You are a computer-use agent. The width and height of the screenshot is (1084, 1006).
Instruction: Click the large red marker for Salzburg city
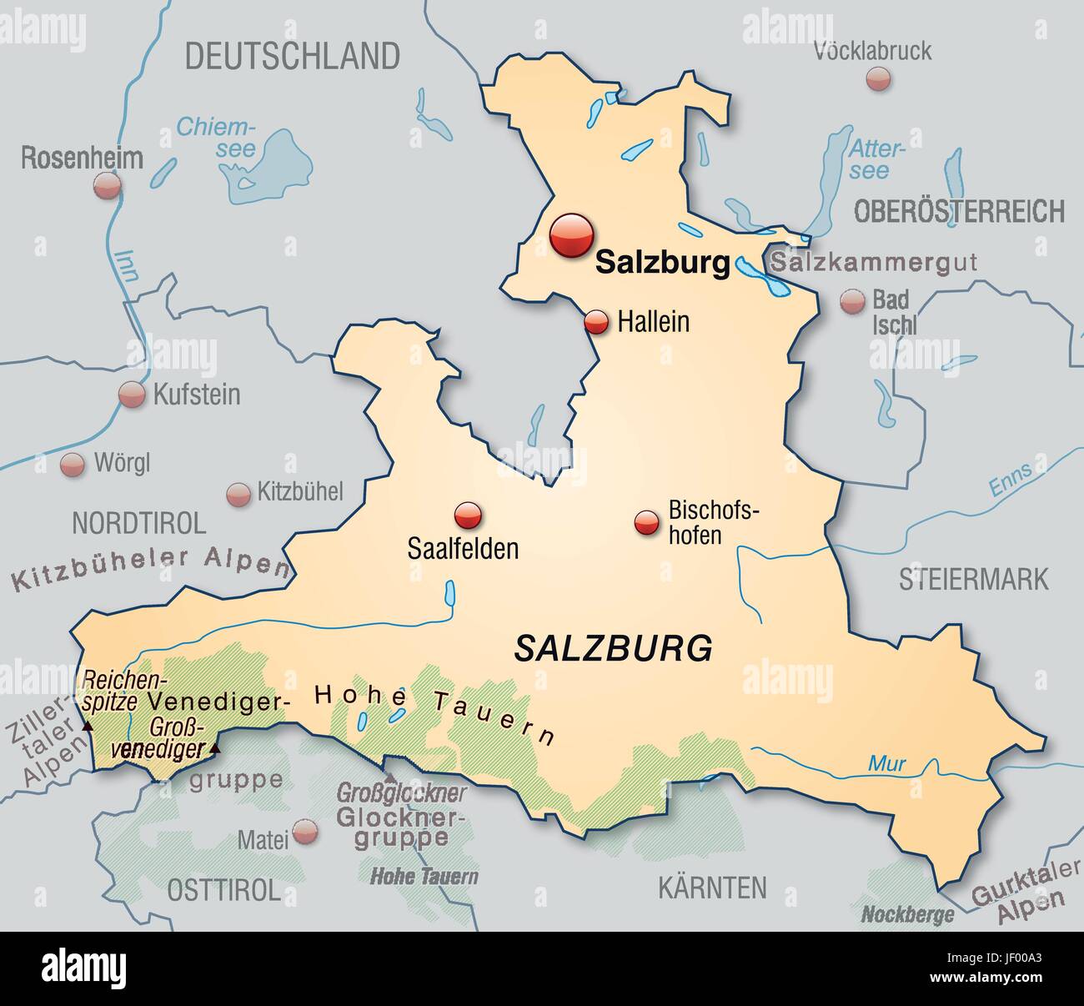pos(571,234)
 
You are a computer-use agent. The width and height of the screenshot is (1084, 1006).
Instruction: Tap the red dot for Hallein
pos(596,323)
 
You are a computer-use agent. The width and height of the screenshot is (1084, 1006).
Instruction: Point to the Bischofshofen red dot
pos(647,523)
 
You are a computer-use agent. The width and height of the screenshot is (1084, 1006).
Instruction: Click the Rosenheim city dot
pos(108,186)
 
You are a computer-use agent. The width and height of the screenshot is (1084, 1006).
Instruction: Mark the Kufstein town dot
pos(132,395)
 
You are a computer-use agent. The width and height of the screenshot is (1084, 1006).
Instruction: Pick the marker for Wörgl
pos(73,465)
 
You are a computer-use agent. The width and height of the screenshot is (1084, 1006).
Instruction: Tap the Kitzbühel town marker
pos(238,494)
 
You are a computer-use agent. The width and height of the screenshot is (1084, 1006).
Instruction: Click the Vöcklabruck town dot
pos(878,79)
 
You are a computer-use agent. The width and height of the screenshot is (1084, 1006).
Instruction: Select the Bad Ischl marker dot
pos(852,302)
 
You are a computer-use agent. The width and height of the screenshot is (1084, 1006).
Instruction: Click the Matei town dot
pos(306,830)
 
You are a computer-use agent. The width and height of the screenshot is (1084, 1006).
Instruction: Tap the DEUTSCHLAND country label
pos(292,57)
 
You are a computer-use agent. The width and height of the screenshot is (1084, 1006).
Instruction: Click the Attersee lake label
pos(876,159)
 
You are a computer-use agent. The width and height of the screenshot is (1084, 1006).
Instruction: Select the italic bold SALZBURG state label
pos(614,647)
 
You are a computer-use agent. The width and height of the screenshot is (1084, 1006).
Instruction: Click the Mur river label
pos(886,762)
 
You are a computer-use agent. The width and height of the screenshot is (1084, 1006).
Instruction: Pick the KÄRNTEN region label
pos(712,888)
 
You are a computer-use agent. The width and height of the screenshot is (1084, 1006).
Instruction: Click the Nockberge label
pos(907,915)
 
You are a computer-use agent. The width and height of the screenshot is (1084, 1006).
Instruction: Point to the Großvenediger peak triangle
pos(215,748)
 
